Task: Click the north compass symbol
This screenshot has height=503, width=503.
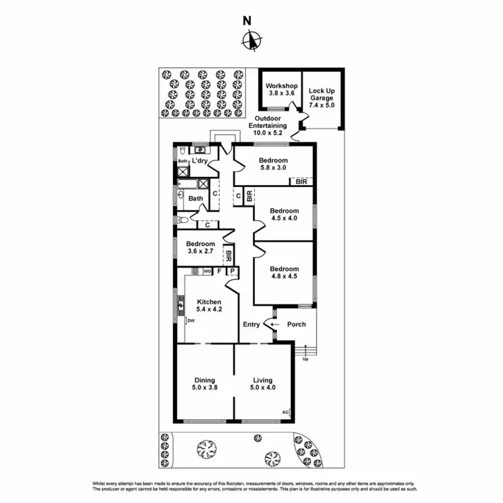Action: (251, 41)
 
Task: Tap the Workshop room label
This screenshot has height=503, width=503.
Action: (281, 87)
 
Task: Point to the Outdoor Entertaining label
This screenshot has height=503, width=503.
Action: (268, 125)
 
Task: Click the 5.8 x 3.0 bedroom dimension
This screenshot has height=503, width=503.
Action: (273, 170)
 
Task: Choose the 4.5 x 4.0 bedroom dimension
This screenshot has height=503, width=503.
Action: (284, 219)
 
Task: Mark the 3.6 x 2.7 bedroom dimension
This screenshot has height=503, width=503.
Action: (201, 252)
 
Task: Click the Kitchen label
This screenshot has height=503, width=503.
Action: (209, 302)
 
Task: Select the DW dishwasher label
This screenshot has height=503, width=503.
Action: (191, 321)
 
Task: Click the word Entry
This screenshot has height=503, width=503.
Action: (251, 325)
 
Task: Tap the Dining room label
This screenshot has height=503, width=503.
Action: (205, 380)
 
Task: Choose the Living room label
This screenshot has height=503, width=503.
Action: (262, 380)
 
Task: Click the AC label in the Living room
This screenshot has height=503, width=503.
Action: (285, 412)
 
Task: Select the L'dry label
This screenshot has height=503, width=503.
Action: (199, 162)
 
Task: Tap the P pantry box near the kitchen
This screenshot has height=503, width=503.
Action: (232, 272)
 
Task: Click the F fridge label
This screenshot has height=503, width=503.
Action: (219, 272)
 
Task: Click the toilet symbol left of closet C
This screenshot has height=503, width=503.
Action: (182, 219)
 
